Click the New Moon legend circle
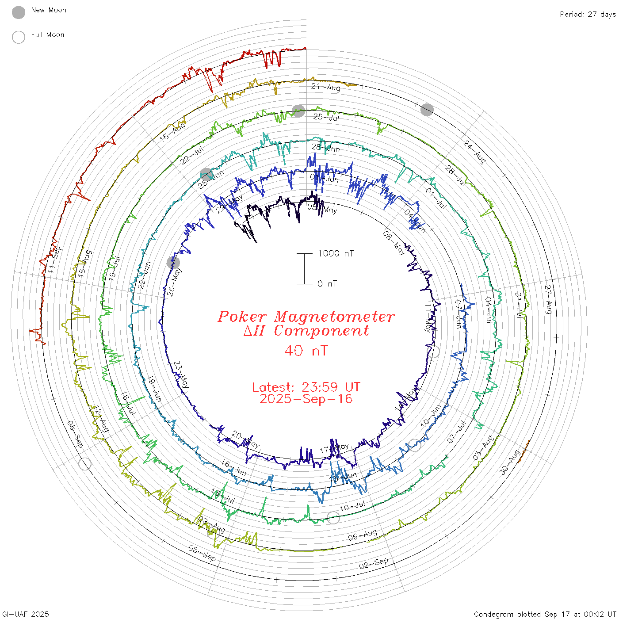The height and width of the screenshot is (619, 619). (19, 13)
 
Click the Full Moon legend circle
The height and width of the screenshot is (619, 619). (19, 37)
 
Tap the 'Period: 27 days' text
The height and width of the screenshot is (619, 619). (588, 15)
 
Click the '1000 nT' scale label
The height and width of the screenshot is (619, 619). (336, 253)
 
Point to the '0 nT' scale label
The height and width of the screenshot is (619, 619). (327, 284)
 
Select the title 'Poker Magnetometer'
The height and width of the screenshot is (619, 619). (306, 317)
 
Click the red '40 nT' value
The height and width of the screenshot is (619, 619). (306, 351)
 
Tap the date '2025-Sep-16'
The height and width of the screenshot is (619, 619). (306, 399)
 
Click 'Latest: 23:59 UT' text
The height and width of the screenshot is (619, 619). (306, 387)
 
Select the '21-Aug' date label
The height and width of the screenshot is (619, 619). (326, 87)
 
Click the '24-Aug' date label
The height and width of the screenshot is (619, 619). (475, 152)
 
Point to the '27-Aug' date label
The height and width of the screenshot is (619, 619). (548, 299)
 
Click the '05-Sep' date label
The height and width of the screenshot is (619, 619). (202, 553)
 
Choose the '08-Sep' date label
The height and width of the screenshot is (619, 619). (75, 434)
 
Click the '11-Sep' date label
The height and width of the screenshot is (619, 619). (54, 259)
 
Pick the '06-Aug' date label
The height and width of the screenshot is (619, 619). (363, 535)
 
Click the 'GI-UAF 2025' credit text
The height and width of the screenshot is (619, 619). (26, 614)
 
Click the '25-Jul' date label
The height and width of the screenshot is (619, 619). (326, 117)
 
